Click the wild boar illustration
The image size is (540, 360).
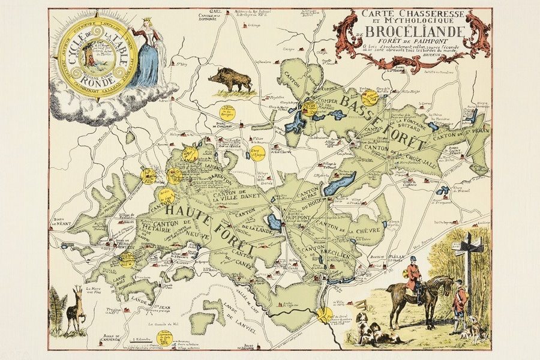tap(230, 80)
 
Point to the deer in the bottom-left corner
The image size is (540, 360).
tap(75, 309)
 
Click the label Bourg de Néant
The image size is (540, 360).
tap(62, 222)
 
